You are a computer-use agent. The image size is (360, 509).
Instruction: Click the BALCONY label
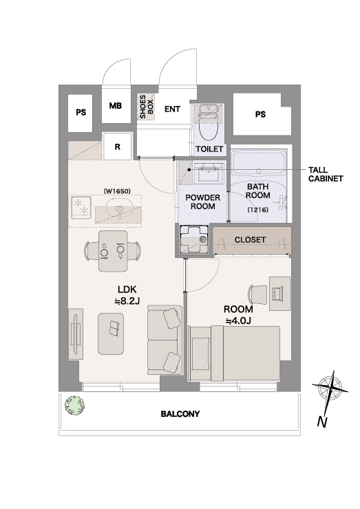[x=180, y=414]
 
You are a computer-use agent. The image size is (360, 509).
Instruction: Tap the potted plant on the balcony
[x=74, y=405]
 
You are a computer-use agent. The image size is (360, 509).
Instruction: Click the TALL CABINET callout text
[x=326, y=174]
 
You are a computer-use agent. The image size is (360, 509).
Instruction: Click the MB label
[x=116, y=106]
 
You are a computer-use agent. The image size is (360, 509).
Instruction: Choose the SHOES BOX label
[x=146, y=107]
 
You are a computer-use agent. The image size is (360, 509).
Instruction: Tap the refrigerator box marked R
[x=117, y=147]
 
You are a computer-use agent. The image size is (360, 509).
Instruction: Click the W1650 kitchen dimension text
[x=117, y=191]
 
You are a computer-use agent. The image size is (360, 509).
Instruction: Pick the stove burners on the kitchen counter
[x=81, y=207]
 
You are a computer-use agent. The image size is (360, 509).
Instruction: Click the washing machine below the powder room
[x=194, y=240]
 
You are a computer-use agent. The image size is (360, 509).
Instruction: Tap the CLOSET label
[x=250, y=240]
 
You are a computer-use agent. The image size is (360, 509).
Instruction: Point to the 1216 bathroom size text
[x=258, y=210]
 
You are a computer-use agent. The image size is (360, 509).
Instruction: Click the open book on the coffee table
[x=114, y=329]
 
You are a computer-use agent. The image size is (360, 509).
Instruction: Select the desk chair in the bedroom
[x=257, y=294]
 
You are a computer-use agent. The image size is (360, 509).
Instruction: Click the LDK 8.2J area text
[x=127, y=295]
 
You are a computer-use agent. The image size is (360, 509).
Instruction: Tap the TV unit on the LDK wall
[x=76, y=334]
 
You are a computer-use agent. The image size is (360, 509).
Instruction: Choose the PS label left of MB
[x=81, y=112]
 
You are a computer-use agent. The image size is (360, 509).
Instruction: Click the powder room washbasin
[x=207, y=172]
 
